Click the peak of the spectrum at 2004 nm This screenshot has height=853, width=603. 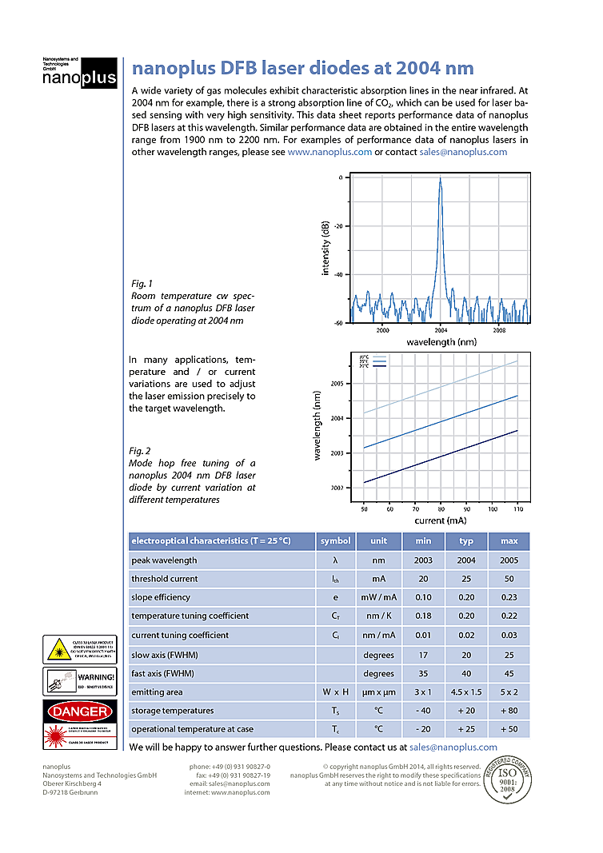[440, 180]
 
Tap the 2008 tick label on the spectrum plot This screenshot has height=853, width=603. [499, 329]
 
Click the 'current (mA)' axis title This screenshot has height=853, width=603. [440, 520]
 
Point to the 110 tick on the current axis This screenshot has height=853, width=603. [517, 508]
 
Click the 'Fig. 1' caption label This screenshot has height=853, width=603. [141, 283]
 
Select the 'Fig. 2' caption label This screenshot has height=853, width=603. [141, 451]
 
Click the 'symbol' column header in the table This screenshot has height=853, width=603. [335, 541]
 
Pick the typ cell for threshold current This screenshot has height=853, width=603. [466, 579]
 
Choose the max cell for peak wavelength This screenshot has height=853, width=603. [509, 560]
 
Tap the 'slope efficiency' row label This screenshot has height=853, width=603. [161, 597]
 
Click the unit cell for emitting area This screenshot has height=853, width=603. [378, 692]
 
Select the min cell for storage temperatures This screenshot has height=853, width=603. [424, 711]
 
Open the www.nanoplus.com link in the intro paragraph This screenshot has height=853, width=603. [329, 152]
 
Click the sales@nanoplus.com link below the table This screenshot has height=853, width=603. [453, 747]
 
